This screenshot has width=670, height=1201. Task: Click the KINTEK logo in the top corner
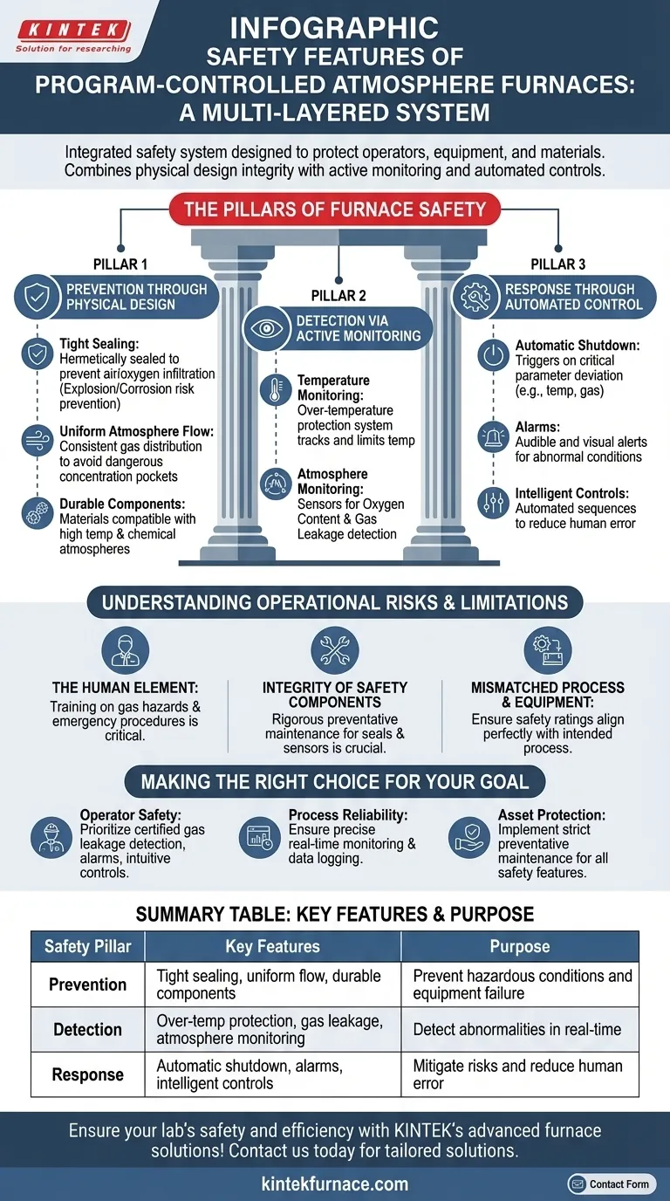coord(73,35)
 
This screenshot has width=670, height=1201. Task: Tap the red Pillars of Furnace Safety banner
coord(335,209)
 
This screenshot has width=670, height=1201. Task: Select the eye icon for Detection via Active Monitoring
coord(266,328)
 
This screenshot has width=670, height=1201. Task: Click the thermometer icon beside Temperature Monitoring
coord(275,390)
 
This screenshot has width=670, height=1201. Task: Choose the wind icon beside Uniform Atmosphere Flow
coord(37,437)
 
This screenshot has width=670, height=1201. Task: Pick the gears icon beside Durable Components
coord(37,511)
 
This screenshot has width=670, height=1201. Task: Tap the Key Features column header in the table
coord(272,947)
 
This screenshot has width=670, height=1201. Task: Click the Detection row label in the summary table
coord(87,1030)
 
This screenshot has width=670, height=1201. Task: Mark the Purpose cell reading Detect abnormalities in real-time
coord(517,1030)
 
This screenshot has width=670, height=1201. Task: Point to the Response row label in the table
coord(87,1074)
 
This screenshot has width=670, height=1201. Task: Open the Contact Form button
coord(610,1184)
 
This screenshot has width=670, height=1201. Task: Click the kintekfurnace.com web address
coord(335,1184)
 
